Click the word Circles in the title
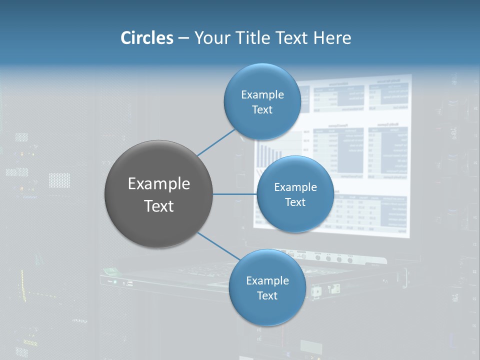pos(146,38)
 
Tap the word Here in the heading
pos(332,38)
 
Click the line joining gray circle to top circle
pos(216,142)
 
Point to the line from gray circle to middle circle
pos(235,194)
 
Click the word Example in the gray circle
pos(159,184)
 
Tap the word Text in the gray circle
pos(159,206)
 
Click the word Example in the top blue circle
pos(262,95)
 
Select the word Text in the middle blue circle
pos(295,202)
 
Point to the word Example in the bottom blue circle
pos(267,281)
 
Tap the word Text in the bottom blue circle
pos(267,296)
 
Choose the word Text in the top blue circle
pos(262,110)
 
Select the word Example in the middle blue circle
pos(295,187)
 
